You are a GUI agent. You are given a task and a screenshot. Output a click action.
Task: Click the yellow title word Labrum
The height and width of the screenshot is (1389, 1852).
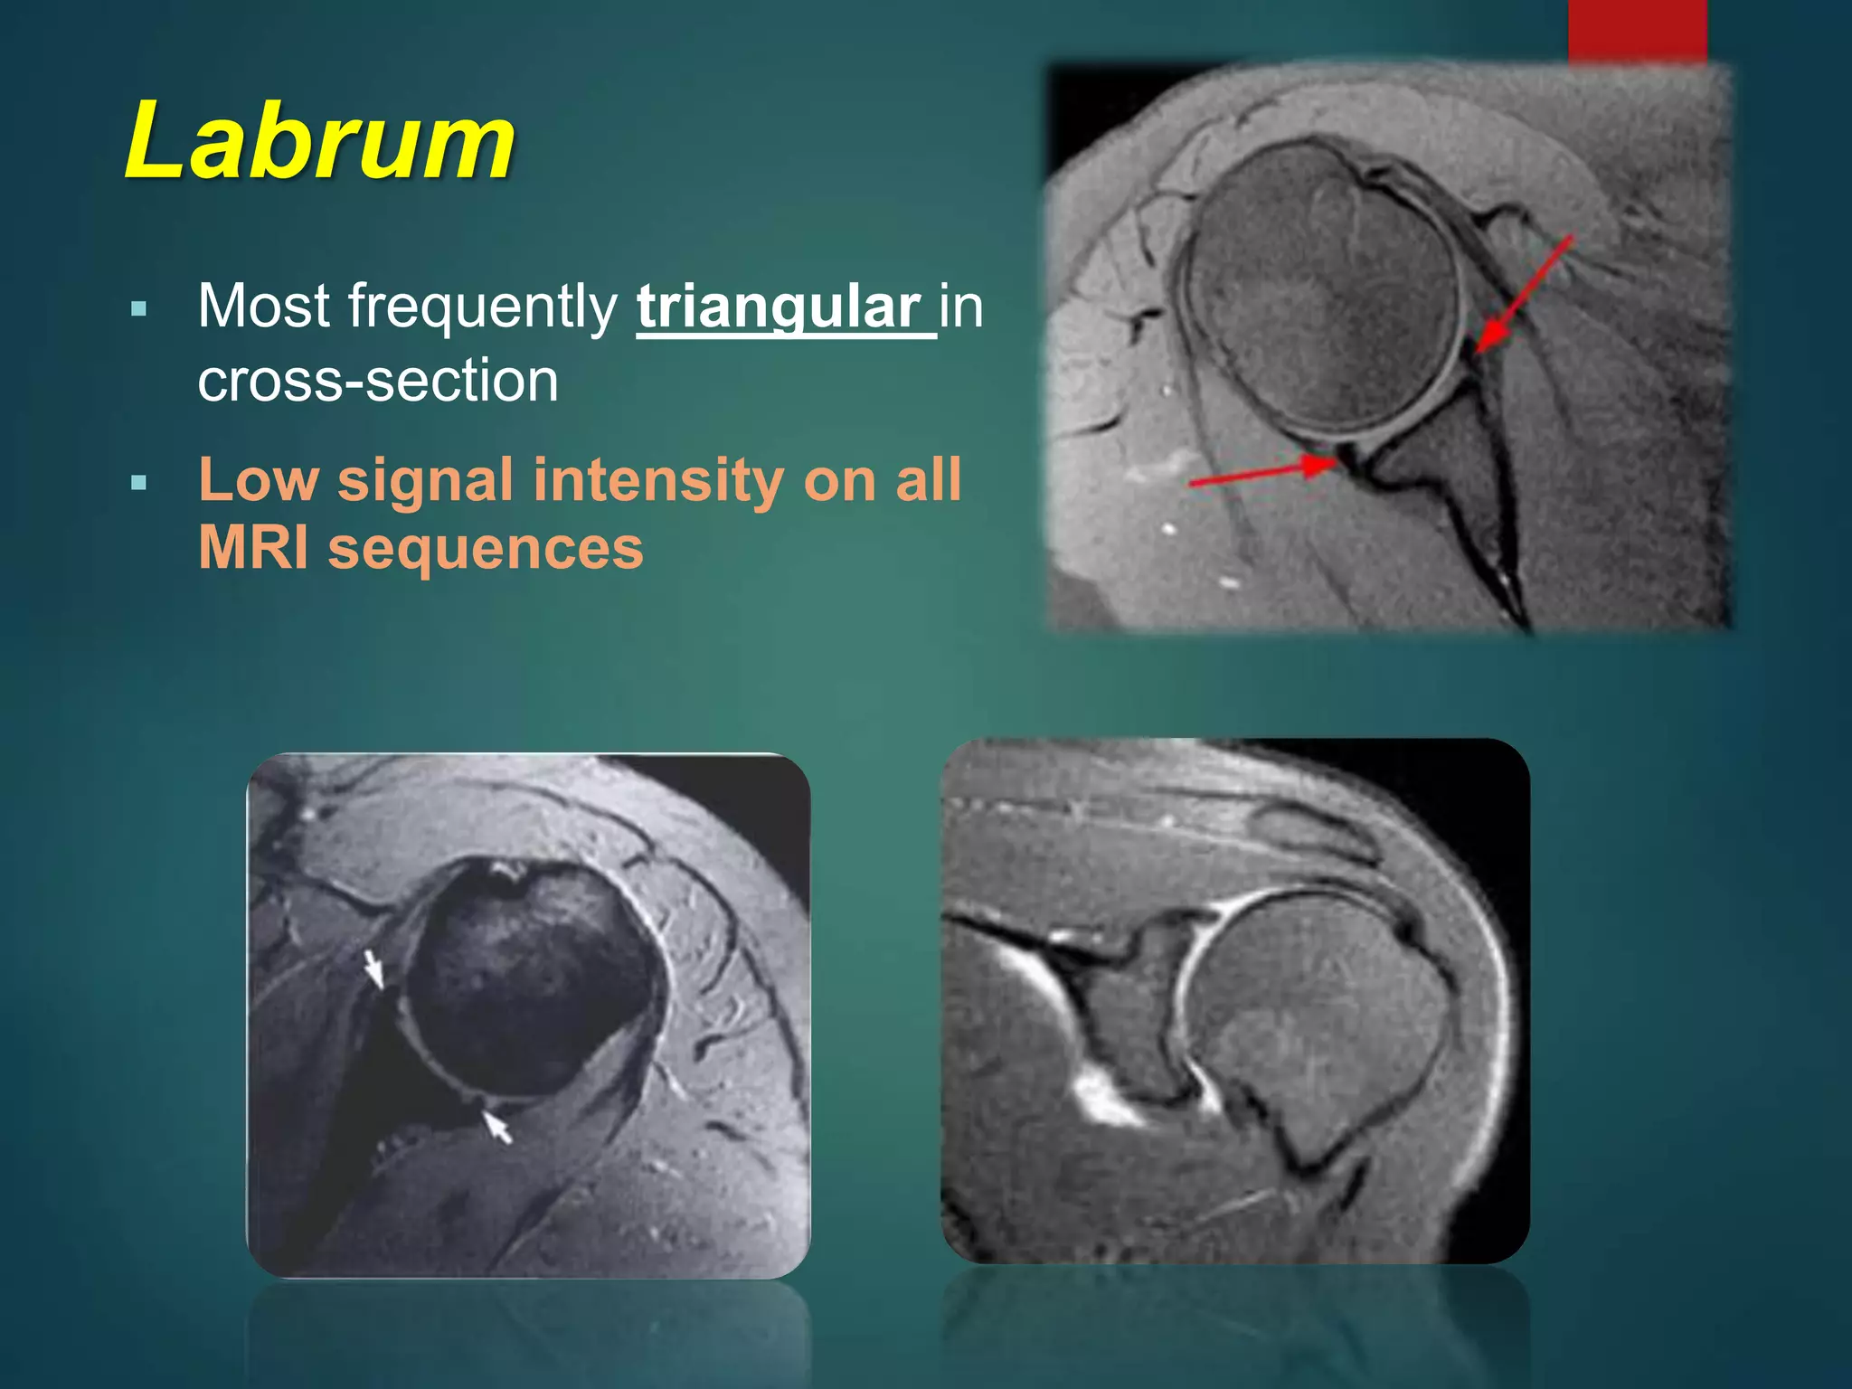(x=320, y=143)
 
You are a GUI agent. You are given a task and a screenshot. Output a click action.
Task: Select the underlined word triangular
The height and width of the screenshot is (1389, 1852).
(x=779, y=307)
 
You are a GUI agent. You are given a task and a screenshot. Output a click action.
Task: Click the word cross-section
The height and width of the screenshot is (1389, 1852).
(x=378, y=380)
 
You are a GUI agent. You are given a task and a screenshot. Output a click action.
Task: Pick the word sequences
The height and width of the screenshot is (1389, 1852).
(x=486, y=550)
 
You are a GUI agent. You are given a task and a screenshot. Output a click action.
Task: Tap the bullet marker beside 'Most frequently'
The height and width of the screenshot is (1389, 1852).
(x=138, y=309)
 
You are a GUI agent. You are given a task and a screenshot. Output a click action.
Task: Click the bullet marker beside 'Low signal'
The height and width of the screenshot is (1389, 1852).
(x=138, y=482)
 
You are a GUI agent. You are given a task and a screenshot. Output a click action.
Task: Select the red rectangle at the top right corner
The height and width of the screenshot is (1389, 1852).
(x=1637, y=31)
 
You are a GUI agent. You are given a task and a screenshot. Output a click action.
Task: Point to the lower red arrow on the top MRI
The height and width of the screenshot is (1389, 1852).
(x=1262, y=473)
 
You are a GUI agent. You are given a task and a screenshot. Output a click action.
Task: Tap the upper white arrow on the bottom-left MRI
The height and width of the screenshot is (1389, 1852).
(x=373, y=969)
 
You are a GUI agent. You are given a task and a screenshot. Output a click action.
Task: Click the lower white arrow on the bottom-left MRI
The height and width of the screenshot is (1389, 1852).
(x=496, y=1127)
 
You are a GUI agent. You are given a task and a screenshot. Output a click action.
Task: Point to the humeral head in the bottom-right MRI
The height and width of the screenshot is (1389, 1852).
(x=1316, y=1004)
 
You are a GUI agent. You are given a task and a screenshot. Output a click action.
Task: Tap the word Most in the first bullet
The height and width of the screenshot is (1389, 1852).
(x=263, y=307)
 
